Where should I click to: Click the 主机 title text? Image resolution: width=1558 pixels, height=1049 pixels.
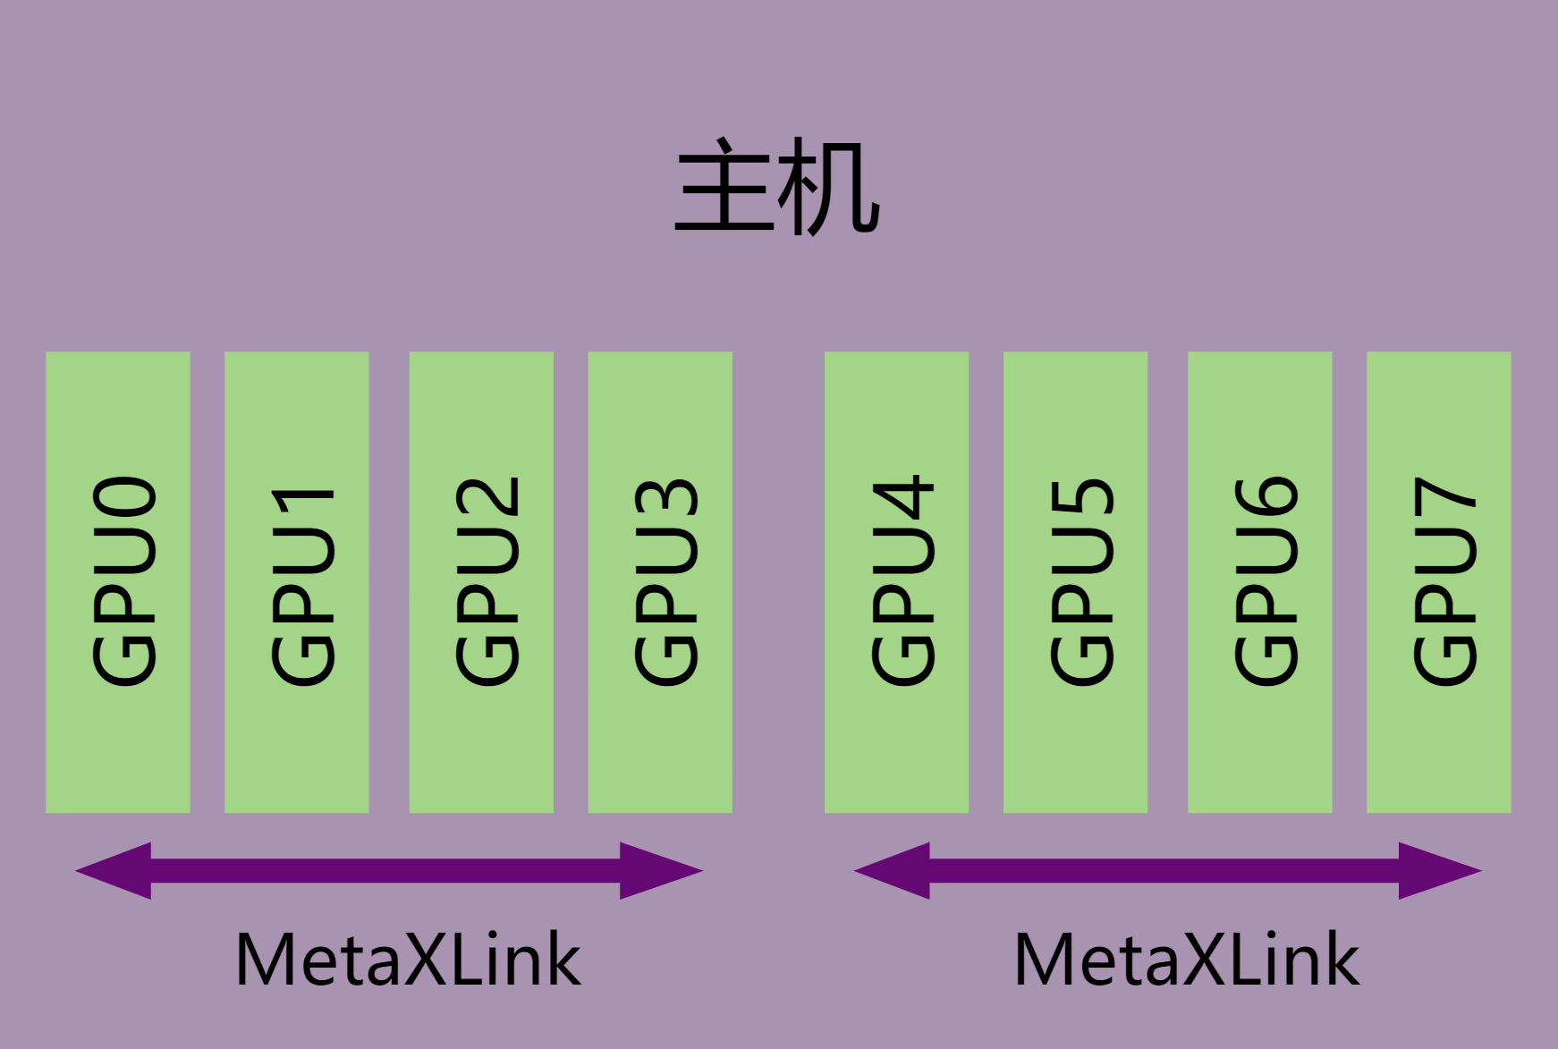[x=776, y=188]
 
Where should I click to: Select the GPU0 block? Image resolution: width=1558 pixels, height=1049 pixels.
[x=118, y=581]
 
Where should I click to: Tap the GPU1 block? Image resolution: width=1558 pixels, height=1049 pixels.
[x=297, y=581]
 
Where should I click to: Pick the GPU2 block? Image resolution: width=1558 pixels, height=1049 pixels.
[x=481, y=581]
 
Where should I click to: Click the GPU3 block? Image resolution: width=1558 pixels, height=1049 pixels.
[x=660, y=581]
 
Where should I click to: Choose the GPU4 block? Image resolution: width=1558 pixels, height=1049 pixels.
[x=896, y=581]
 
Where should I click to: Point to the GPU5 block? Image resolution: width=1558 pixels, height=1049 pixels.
[x=1075, y=581]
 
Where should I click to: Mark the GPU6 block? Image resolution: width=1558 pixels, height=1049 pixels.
[x=1259, y=581]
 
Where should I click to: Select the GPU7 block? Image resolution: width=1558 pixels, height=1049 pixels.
[x=1438, y=581]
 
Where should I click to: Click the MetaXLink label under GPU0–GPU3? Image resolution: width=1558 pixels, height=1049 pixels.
[x=408, y=960]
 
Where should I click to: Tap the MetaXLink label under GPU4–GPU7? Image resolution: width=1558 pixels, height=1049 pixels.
[x=1187, y=960]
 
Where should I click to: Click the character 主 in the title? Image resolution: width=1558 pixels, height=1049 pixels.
[x=723, y=188]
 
